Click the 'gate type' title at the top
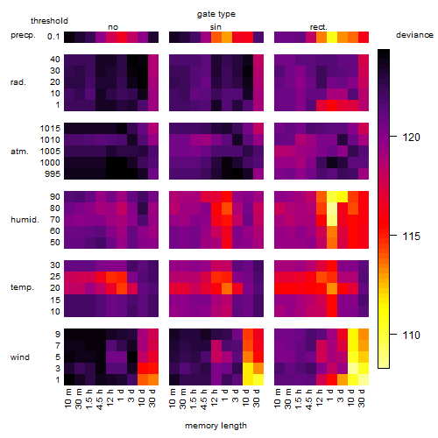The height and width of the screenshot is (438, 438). pyautogui.click(x=216, y=14)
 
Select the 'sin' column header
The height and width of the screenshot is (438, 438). pyautogui.click(x=215, y=27)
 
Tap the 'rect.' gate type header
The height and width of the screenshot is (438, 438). pyautogui.click(x=319, y=27)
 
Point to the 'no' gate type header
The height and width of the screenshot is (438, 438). pyautogui.click(x=113, y=27)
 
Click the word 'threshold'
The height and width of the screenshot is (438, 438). pyautogui.click(x=49, y=21)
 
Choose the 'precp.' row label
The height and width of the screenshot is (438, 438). pyautogui.click(x=23, y=35)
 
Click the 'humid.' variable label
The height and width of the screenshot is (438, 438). pyautogui.click(x=25, y=220)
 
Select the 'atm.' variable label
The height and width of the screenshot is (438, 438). pyautogui.click(x=19, y=152)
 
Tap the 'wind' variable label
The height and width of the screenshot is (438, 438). pyautogui.click(x=20, y=357)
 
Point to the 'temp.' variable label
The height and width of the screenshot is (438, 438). pyautogui.click(x=22, y=287)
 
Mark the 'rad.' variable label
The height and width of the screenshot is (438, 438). pyautogui.click(x=18, y=82)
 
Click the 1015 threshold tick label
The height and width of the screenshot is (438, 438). pyautogui.click(x=50, y=129)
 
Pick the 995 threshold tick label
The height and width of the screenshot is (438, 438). pyautogui.click(x=53, y=174)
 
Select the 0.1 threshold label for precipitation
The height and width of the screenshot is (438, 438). pyautogui.click(x=53, y=37)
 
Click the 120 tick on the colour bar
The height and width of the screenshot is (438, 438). pyautogui.click(x=412, y=138)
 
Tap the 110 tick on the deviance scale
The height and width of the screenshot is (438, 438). pyautogui.click(x=412, y=335)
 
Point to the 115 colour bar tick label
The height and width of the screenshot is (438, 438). pyautogui.click(x=412, y=236)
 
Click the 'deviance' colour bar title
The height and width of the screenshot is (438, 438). pyautogui.click(x=414, y=35)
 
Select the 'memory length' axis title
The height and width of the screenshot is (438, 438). pyautogui.click(x=216, y=426)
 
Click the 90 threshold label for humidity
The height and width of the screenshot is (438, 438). pyautogui.click(x=55, y=197)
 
